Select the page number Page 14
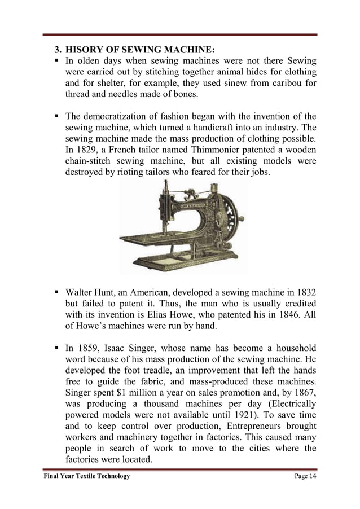[x=305, y=476]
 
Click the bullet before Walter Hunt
[x=58, y=293]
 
